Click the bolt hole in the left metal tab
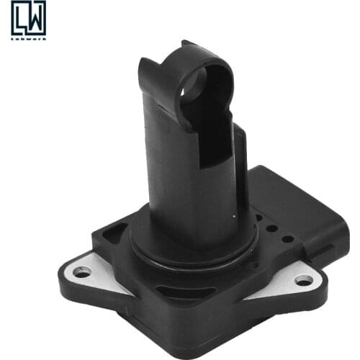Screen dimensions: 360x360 pyautogui.click(x=81, y=272)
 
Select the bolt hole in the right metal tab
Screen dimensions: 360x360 pyautogui.click(x=304, y=279)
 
